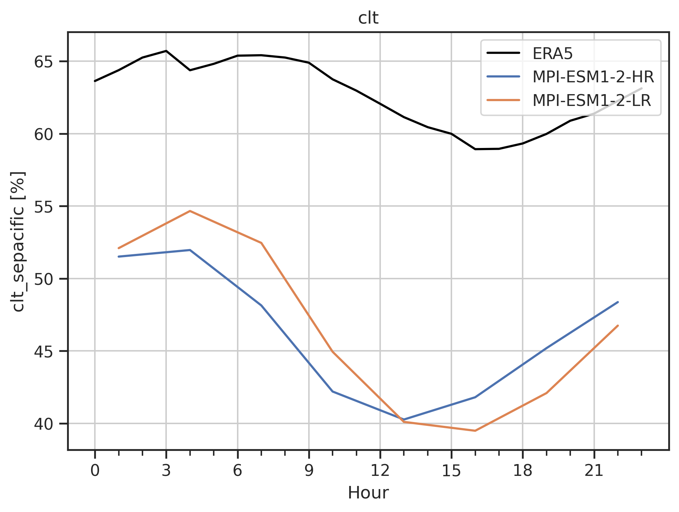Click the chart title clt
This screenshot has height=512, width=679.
coord(368,18)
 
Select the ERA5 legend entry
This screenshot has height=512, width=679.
coord(553,53)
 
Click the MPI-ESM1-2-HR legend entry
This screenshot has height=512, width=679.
coord(593,77)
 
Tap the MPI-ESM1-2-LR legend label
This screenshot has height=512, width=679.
coord(591,100)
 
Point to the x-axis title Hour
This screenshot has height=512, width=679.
coord(368,493)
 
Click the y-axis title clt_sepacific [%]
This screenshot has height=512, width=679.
coord(18,241)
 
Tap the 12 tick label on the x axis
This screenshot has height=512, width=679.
coord(380,471)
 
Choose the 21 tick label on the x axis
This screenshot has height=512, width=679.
coord(594,471)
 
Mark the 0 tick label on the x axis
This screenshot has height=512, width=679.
coord(95,471)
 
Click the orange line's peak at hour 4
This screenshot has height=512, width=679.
coord(190,211)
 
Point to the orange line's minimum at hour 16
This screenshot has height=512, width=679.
coord(475,431)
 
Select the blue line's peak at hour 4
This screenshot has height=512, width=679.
coord(190,250)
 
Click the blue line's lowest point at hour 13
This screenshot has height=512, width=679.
coord(404,420)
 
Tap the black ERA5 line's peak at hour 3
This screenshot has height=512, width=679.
coord(166,51)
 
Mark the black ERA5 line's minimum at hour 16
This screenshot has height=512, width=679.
coord(475,149)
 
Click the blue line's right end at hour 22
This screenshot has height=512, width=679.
coord(618,302)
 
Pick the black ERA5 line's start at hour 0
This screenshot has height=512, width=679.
coord(95,81)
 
